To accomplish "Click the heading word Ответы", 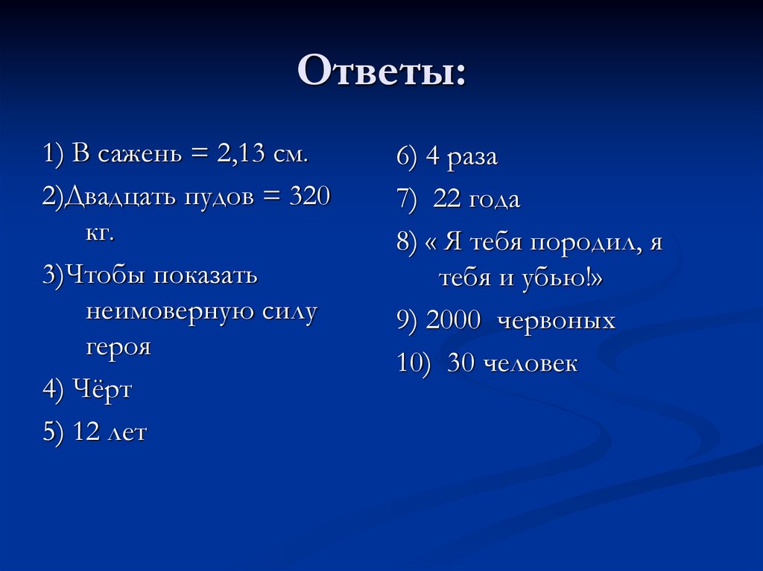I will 380,72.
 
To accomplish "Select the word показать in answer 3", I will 205,275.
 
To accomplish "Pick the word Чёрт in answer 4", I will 103,389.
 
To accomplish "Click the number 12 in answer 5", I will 88,433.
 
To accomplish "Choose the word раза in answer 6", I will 472,157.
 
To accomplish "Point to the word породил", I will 580,243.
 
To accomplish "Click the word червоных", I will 556,321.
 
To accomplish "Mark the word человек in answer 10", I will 530,364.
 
